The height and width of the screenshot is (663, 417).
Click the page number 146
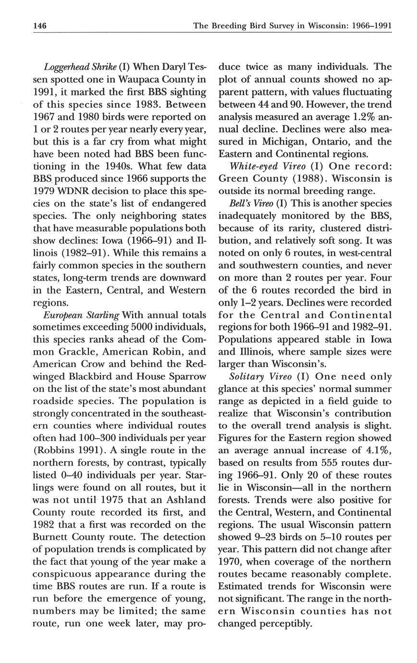click(x=39, y=25)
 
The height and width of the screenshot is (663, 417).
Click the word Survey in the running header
click(x=282, y=25)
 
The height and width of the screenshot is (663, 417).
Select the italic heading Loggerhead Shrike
click(x=74, y=67)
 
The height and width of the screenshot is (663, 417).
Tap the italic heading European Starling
click(x=81, y=316)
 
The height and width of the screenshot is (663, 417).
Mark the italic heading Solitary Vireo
click(x=260, y=377)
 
